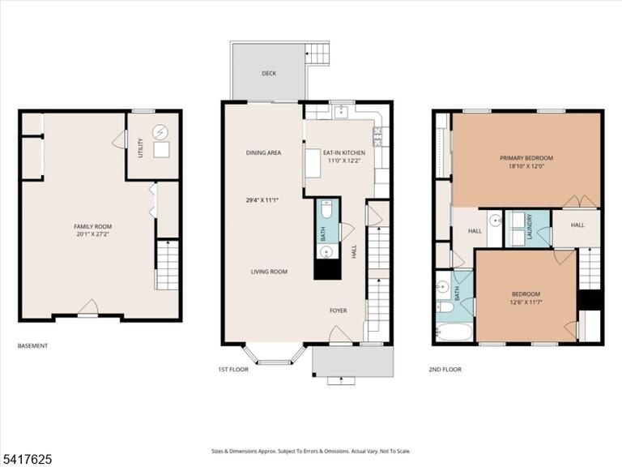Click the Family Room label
tap(93, 226)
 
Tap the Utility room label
tap(140, 148)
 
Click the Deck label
tap(269, 73)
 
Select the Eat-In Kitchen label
tap(344, 152)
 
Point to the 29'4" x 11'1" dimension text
tap(262, 200)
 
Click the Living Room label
tap(269, 272)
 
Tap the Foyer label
tap(339, 311)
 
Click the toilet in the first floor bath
tap(327, 210)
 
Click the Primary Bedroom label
tap(526, 157)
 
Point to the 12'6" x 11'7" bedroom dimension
tap(526, 302)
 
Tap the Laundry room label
tap(529, 227)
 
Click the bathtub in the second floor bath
tap(454, 332)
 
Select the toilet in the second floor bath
tap(445, 306)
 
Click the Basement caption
tap(32, 346)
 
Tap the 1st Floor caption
tap(233, 370)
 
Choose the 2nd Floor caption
tap(445, 370)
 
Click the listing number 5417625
tap(26, 460)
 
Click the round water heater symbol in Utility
tap(160, 131)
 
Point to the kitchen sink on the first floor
tap(341, 112)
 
